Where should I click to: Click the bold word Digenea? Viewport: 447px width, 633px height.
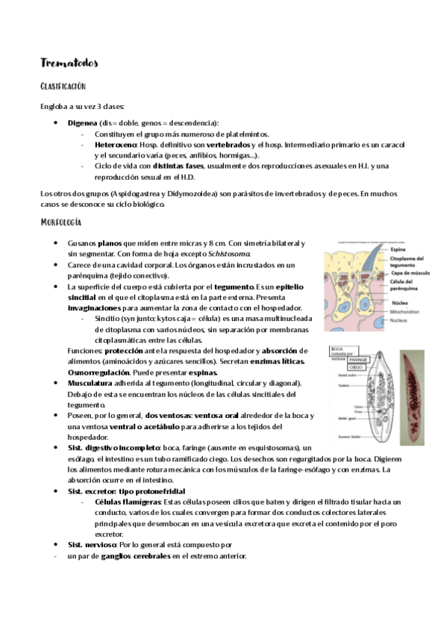[81, 122]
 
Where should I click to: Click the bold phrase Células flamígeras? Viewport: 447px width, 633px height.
[128, 502]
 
